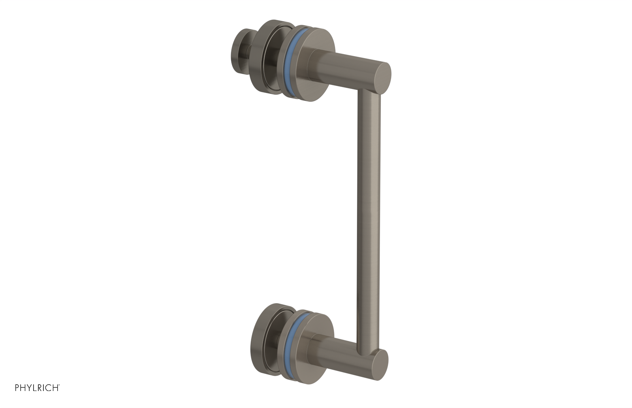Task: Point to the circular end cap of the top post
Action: coord(382,78)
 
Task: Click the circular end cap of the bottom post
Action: coord(380,365)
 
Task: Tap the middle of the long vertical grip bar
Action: coord(369,221)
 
